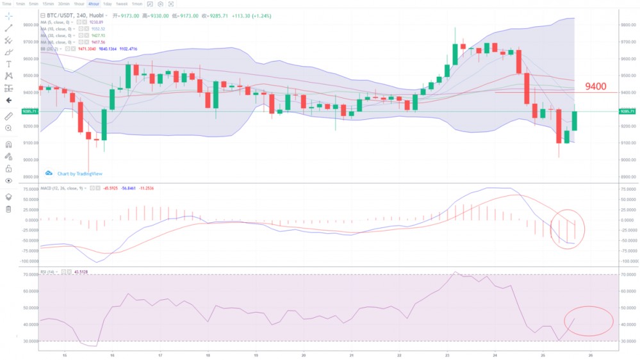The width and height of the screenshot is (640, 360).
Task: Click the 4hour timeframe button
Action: coord(94,4)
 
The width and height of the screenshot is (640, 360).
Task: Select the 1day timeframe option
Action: coord(108,4)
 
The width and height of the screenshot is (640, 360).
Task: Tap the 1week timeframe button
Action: coord(122,4)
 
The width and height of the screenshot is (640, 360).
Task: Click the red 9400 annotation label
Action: coord(595,86)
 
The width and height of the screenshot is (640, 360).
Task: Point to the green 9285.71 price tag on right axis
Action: coord(627,111)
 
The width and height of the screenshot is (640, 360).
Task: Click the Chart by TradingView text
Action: coord(79,174)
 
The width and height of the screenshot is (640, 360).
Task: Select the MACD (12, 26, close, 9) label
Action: coord(63,188)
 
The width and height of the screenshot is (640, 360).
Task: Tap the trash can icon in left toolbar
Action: coord(8,209)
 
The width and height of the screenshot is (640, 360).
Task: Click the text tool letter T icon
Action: coord(8,64)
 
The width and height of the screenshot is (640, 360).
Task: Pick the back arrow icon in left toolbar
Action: coord(8,101)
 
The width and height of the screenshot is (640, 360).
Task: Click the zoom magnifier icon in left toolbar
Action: coord(8,128)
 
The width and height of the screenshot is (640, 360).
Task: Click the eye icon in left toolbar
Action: coord(8,181)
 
